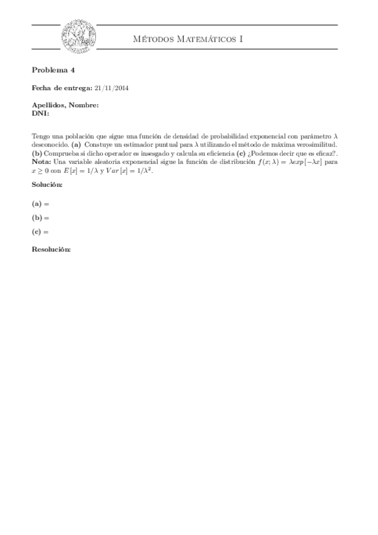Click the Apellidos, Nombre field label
[x=65, y=105]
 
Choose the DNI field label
[x=40, y=113]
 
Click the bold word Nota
[x=42, y=162]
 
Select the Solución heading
[x=47, y=185]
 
